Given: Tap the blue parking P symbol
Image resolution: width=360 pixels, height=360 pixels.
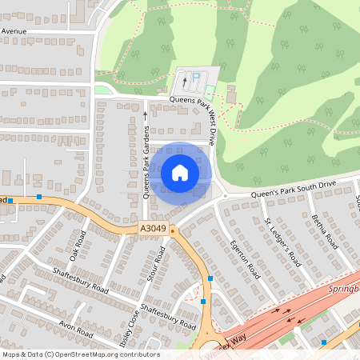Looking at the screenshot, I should click(x=196, y=76).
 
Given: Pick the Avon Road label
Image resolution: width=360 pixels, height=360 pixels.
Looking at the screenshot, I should click(x=77, y=329).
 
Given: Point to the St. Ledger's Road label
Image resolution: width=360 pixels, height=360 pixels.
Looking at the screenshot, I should click(x=282, y=241).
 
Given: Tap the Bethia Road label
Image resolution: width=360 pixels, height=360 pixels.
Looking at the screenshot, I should click(x=326, y=230).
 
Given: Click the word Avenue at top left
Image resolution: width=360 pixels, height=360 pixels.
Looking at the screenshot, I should click(x=14, y=31).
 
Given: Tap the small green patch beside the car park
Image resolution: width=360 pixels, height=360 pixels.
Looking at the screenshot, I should click(x=103, y=89).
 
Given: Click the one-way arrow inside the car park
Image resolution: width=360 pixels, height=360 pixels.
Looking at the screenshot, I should click(x=186, y=81).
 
